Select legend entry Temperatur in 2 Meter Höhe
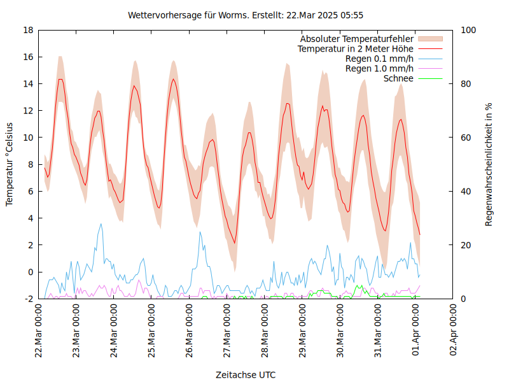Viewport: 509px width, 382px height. coord(356,49)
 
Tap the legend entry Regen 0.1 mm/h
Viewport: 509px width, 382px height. coord(379,59)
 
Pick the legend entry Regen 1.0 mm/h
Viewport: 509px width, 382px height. coord(379,69)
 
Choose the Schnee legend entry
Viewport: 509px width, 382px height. coord(398,78)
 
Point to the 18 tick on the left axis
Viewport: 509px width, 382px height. coord(28,30)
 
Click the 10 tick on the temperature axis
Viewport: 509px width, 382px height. coord(28,138)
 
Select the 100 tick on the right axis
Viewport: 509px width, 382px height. coord(468,30)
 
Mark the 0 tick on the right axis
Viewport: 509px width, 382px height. coord(463,299)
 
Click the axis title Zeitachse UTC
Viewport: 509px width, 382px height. coord(246,374)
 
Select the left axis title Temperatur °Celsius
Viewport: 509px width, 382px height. coord(10,164)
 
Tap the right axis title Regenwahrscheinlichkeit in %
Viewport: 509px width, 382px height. coord(489,164)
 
